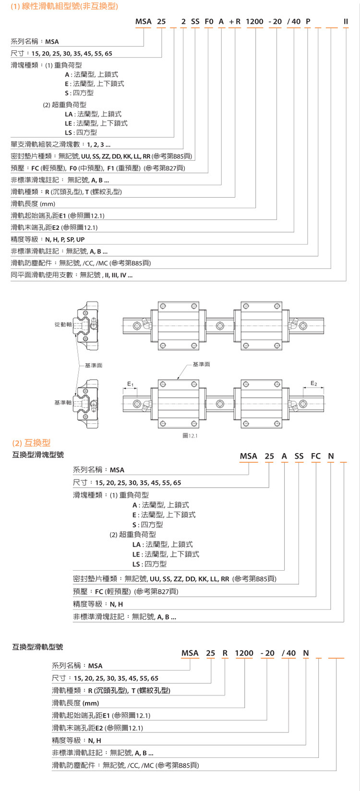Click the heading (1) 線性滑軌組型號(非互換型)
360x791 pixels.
pyautogui.click(x=64, y=6)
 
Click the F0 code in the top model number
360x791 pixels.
pyautogui.click(x=209, y=22)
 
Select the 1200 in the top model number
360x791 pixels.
pyautogui.click(x=254, y=22)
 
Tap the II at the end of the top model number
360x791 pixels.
pyautogui.click(x=346, y=22)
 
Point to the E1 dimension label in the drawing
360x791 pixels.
pyautogui.click(x=131, y=383)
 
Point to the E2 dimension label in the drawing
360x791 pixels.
pyautogui.click(x=314, y=383)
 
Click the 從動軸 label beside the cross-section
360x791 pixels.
pyautogui.click(x=63, y=324)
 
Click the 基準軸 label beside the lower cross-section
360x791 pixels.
pyautogui.click(x=63, y=402)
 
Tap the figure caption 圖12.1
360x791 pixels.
pyautogui.click(x=190, y=436)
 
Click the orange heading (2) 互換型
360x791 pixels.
pyautogui.click(x=31, y=443)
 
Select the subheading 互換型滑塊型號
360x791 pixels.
pyautogui.click(x=38, y=455)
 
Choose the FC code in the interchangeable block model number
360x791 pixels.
pyautogui.click(x=315, y=456)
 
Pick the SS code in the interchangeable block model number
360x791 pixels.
pyautogui.click(x=299, y=456)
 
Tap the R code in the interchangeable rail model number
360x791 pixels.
pyautogui.click(x=225, y=653)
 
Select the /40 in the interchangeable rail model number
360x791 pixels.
pyautogui.click(x=288, y=653)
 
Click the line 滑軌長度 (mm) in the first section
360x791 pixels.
pyautogui.click(x=33, y=204)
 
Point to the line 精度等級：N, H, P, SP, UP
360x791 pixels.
pyautogui.click(x=48, y=239)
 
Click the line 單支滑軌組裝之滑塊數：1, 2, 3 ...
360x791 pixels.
pyautogui.click(x=60, y=144)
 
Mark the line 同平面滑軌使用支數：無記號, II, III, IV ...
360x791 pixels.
pyautogui.click(x=72, y=275)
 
